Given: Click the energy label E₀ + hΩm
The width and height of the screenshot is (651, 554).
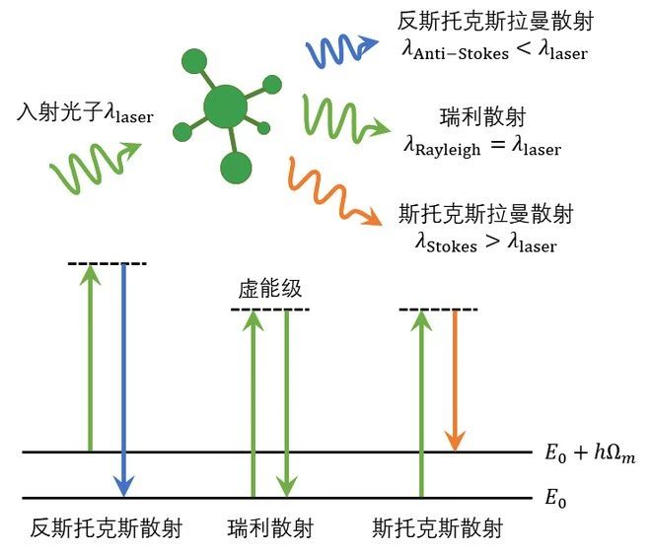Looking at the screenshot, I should [x=590, y=453].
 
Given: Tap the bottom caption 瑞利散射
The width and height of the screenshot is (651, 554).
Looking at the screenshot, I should [x=269, y=527].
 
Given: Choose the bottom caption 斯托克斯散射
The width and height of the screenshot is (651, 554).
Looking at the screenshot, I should [x=437, y=527].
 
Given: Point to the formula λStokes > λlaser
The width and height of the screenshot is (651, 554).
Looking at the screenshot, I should [x=481, y=242].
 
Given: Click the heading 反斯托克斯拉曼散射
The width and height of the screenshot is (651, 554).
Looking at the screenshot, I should [x=495, y=19].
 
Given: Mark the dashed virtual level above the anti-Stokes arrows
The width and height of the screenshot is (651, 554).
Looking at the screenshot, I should [x=107, y=263].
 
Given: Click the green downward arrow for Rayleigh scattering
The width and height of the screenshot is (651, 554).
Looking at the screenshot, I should [x=285, y=404].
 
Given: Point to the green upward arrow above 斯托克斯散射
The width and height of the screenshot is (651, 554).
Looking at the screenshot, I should [x=421, y=404].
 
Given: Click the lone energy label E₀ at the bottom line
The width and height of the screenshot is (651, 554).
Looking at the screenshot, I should [x=557, y=498].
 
